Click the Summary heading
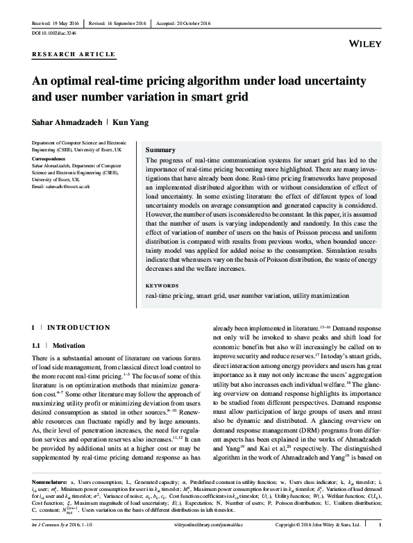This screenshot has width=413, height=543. click(x=160, y=150)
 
